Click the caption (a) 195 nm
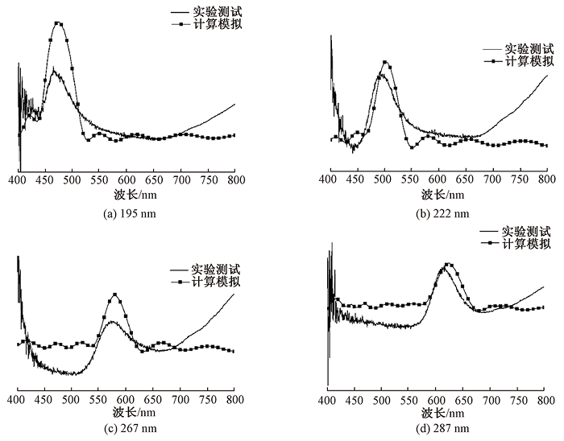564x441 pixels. click(x=126, y=212)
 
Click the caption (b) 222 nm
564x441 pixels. click(x=439, y=212)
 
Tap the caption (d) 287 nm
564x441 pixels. click(x=439, y=427)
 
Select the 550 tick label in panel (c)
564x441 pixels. click(x=98, y=398)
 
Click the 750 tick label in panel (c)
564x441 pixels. click(x=207, y=398)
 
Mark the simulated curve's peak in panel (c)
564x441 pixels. click(x=114, y=295)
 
